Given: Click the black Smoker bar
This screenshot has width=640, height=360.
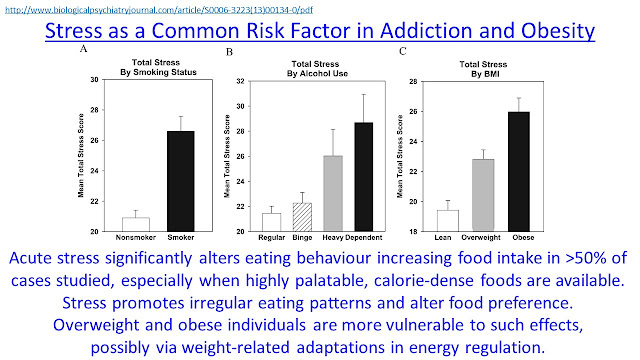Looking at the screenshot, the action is pyautogui.click(x=181, y=181).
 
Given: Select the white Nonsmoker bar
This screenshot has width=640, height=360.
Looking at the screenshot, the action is pyautogui.click(x=136, y=224).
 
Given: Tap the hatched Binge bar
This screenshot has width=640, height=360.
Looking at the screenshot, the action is pyautogui.click(x=302, y=217).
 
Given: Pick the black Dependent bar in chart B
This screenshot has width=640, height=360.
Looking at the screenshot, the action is pyautogui.click(x=364, y=177).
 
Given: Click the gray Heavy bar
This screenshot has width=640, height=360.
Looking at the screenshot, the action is pyautogui.click(x=333, y=193).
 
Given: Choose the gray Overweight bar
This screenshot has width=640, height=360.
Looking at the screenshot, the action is pyautogui.click(x=483, y=195).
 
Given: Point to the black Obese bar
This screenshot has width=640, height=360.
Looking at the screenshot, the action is pyautogui.click(x=519, y=171).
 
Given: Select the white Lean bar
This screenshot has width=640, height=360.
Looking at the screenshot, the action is pyautogui.click(x=448, y=221).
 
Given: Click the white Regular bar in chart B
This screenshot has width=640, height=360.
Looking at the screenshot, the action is pyautogui.click(x=271, y=222).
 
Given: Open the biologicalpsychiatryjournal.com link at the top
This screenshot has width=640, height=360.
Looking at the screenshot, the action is pyautogui.click(x=159, y=9).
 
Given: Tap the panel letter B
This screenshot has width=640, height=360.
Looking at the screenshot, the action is pyautogui.click(x=229, y=52).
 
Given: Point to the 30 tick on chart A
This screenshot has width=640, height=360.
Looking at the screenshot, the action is pyautogui.click(x=95, y=80).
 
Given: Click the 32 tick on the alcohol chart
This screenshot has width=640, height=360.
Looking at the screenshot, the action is pyautogui.click(x=240, y=81).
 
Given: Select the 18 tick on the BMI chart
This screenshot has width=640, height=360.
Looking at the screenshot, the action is pyautogui.click(x=413, y=231).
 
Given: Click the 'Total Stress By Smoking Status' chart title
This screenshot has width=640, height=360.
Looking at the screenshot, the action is pyautogui.click(x=158, y=67).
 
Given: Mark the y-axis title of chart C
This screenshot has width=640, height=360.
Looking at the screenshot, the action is pyautogui.click(x=400, y=156).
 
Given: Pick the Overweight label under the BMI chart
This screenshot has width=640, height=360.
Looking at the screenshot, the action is pyautogui.click(x=481, y=238).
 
